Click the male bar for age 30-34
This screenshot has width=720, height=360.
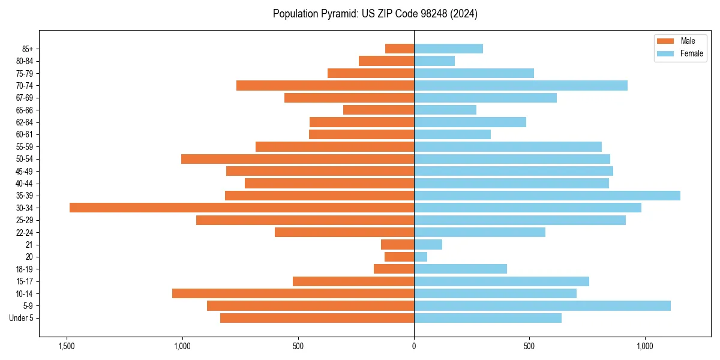(x=241, y=208)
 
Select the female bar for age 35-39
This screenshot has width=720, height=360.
(x=547, y=196)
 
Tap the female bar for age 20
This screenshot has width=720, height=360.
(x=421, y=257)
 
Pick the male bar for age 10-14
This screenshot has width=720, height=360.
(x=293, y=293)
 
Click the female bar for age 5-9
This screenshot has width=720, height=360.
(x=542, y=306)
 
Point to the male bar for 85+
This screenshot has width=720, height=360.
(x=400, y=49)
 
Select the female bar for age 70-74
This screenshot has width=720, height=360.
(x=520, y=85)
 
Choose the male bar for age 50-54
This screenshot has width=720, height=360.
(x=297, y=159)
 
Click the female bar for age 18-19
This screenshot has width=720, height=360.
(x=460, y=269)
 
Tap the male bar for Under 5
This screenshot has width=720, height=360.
(x=317, y=318)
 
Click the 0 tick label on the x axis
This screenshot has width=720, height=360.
(x=414, y=347)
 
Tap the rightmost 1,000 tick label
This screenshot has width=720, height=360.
(x=645, y=347)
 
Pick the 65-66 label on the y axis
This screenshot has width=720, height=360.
(x=25, y=110)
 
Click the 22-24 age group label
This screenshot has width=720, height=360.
(x=25, y=232)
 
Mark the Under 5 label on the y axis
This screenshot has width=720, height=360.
(x=22, y=318)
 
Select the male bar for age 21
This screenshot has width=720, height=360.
(x=397, y=244)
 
